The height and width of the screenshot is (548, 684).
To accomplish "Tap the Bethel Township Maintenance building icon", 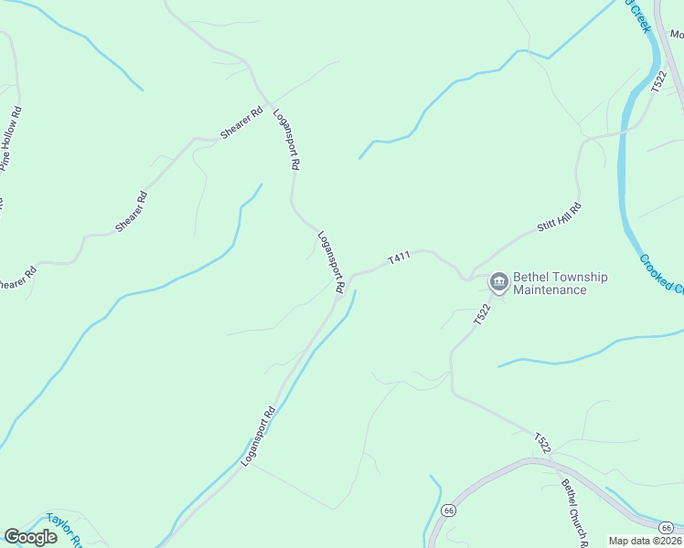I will point(499,280).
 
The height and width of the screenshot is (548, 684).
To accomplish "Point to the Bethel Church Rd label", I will point(573,511).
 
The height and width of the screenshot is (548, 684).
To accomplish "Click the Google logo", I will point(30,537).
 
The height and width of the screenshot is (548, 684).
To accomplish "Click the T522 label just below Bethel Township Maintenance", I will point(483,315).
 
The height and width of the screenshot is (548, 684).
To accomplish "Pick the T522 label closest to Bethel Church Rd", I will point(543,443).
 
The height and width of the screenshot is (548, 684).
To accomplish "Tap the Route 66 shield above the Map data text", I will point(667,527).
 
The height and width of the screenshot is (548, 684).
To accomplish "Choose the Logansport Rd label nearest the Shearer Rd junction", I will point(287,140).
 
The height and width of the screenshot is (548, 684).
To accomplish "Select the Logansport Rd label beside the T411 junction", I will point(331,263).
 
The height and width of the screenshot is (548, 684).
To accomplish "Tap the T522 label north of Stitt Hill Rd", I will point(658,83).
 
